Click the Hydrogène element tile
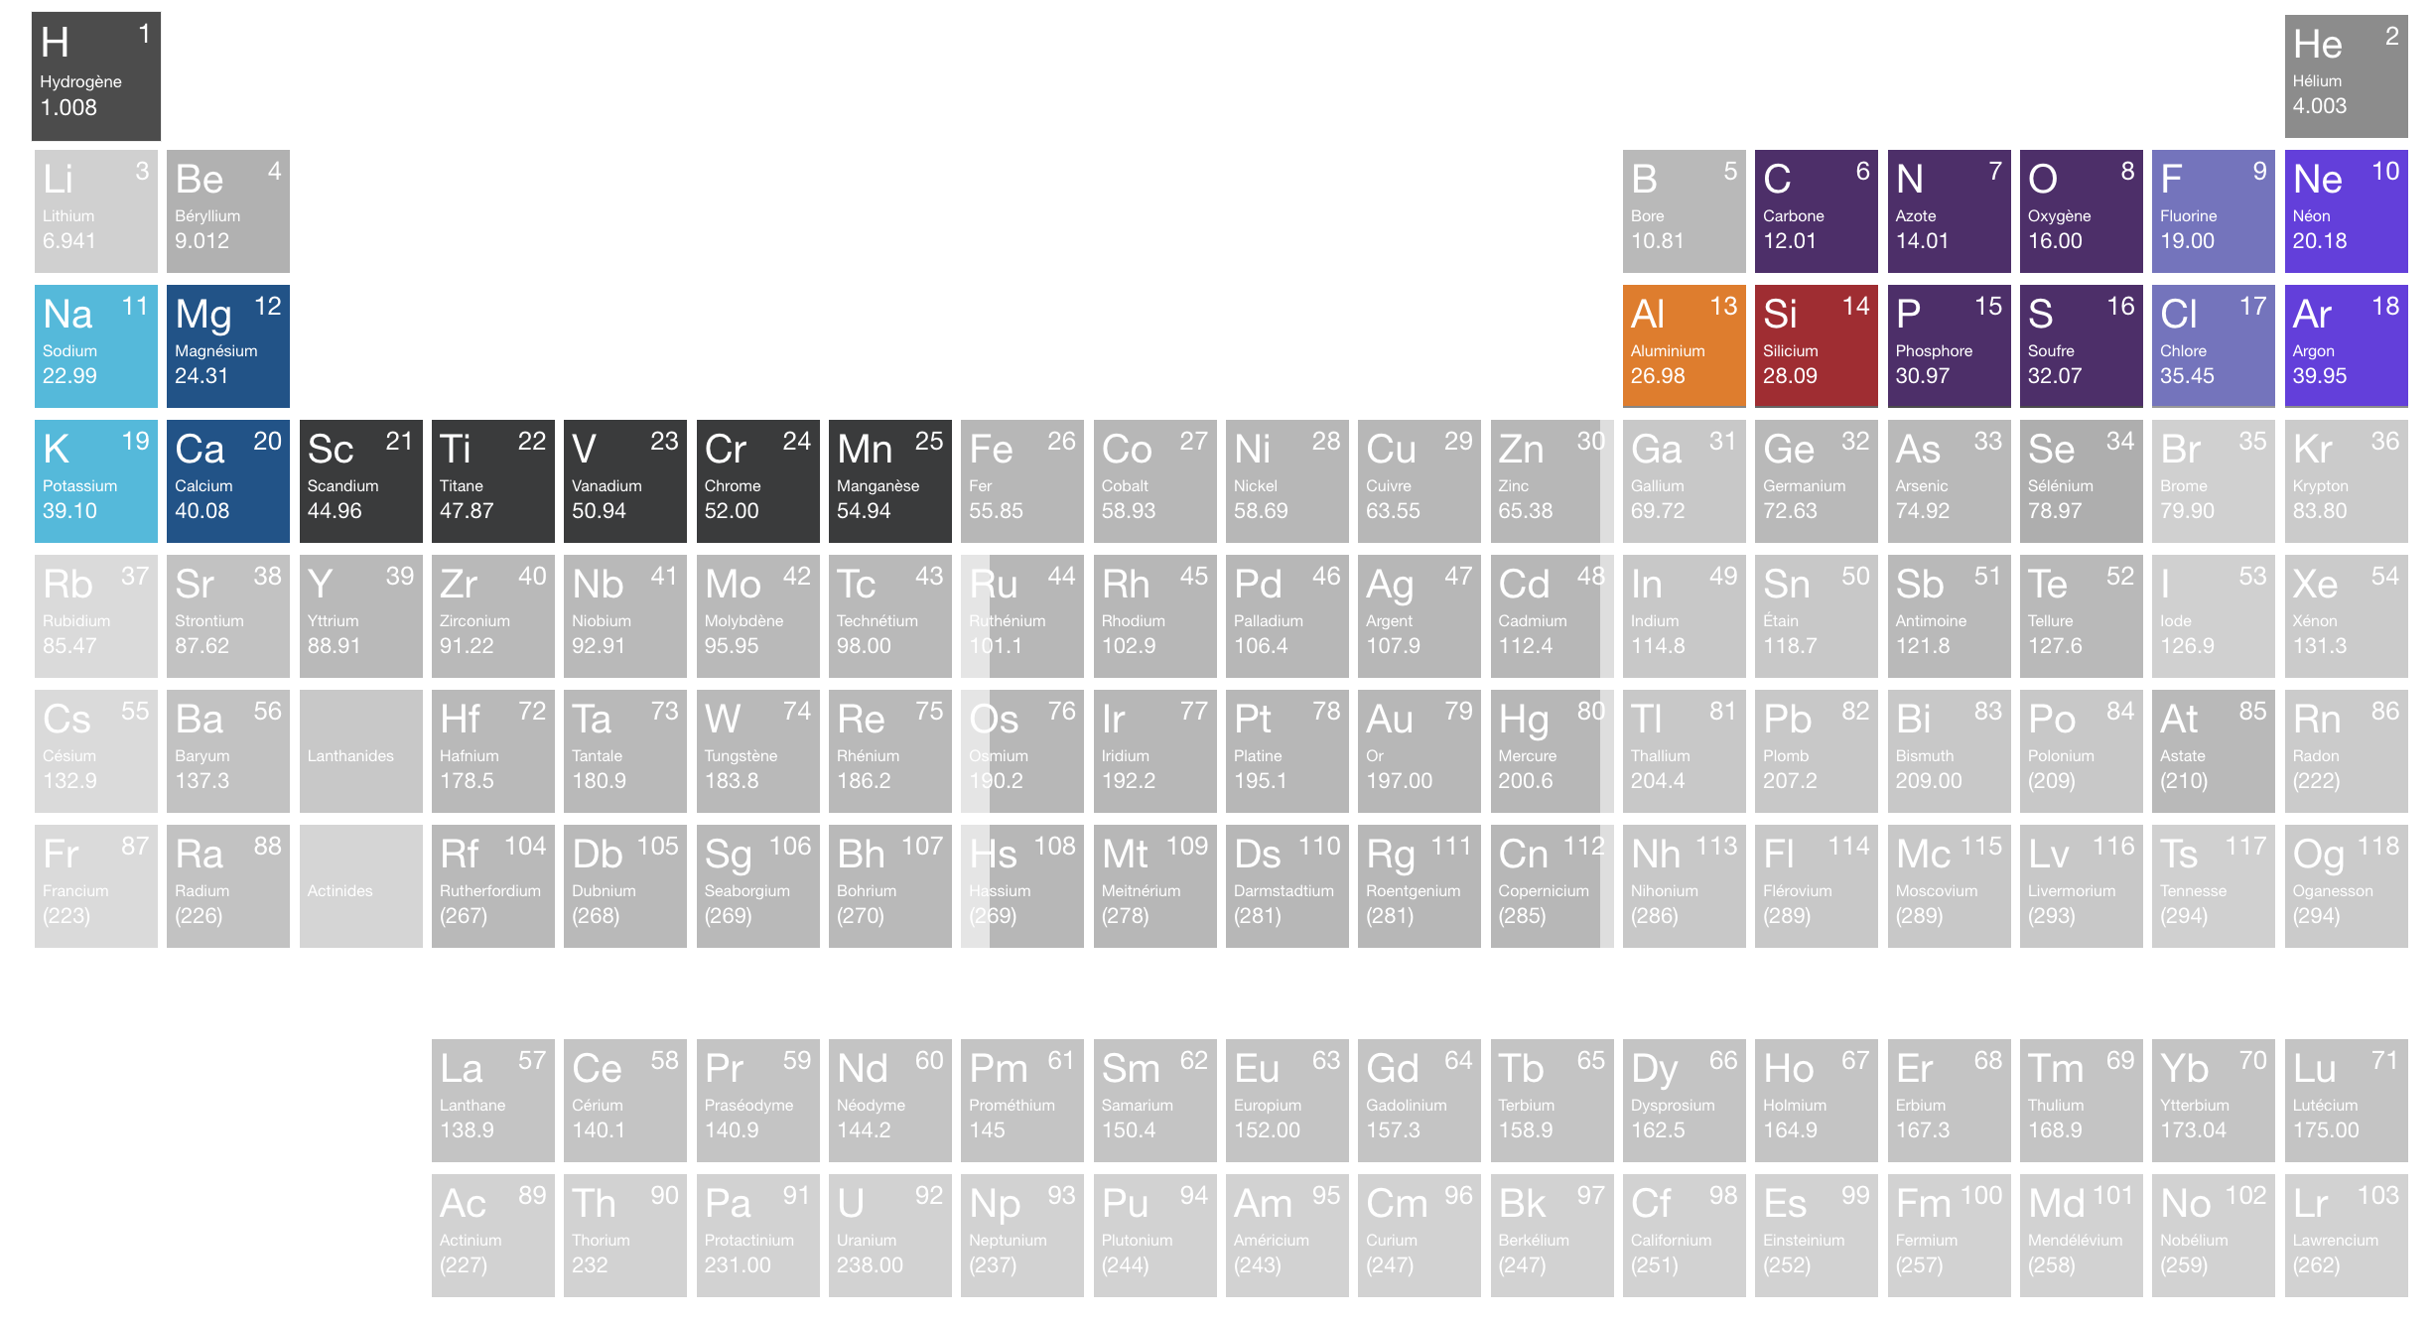coord(95,75)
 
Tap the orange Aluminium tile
coord(1684,345)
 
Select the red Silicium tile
coord(1816,345)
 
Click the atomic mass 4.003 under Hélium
coord(2319,106)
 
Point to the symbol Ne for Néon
coord(2317,180)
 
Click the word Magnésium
coord(215,351)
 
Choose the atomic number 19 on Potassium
coord(135,441)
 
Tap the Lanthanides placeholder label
coord(350,756)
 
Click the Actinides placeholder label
coord(339,891)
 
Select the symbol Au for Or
coord(1389,720)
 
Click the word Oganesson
coord(2332,891)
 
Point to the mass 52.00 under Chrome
coord(731,511)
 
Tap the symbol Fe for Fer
coord(990,450)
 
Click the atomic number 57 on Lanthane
coord(532,1060)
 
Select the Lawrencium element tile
coord(2346,1235)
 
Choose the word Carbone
coord(1793,216)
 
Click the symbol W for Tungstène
coord(722,720)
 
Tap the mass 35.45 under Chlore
coord(2187,376)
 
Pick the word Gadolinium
coord(1406,1106)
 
